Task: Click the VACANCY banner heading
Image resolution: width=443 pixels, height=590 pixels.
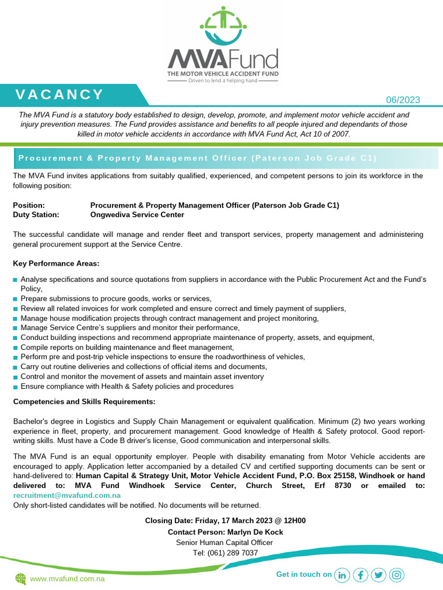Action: tap(59, 94)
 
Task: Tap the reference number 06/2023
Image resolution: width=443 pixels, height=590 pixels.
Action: tap(403, 100)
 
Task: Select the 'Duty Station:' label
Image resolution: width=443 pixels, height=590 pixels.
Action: tap(36, 215)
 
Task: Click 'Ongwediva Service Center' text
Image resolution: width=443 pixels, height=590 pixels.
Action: tap(137, 215)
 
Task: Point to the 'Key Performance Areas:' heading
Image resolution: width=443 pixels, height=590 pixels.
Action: tap(56, 264)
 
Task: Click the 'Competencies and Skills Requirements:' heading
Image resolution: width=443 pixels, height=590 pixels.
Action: tap(84, 401)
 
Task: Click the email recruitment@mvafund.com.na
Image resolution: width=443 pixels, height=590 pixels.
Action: tap(66, 495)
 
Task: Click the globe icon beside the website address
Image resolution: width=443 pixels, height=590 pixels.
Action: tap(21, 578)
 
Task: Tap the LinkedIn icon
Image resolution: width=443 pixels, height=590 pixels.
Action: tap(342, 574)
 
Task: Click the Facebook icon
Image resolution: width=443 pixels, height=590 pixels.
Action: tap(361, 574)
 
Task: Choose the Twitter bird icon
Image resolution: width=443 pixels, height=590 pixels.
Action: tap(378, 574)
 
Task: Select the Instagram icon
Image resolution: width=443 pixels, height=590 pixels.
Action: tap(397, 574)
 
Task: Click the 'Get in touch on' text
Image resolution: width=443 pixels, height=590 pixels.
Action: tap(304, 574)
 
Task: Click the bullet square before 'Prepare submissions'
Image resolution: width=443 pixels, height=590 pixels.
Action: tap(16, 299)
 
